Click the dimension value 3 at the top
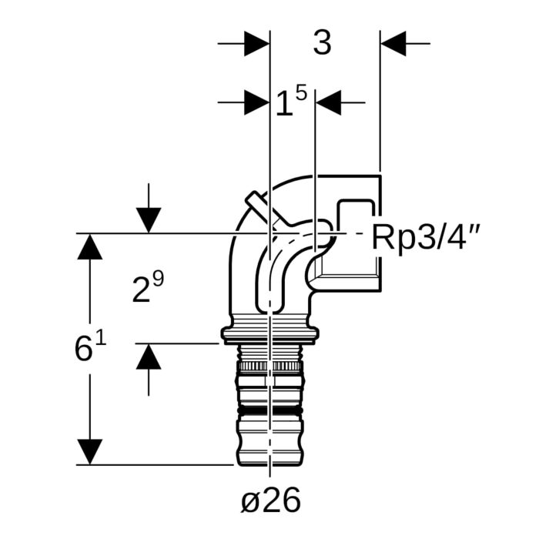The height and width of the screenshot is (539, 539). click(322, 44)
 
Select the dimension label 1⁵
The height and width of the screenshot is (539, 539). click(291, 102)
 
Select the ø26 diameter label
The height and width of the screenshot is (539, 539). click(269, 501)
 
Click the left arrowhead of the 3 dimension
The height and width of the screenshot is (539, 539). click(256, 44)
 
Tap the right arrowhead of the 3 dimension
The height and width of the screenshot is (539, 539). click(393, 44)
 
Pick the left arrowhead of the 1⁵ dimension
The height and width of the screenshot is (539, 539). click(256, 102)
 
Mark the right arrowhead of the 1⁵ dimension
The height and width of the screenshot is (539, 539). click(329, 102)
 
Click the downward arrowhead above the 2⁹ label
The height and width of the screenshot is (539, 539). click(148, 220)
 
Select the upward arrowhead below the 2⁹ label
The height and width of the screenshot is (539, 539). click(148, 357)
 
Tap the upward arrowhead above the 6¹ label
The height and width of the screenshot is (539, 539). click(89, 247)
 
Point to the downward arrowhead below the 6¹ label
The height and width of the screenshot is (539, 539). click(89, 451)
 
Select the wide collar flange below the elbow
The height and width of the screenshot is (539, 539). click(269, 333)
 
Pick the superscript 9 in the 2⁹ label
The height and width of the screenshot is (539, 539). click(158, 280)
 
